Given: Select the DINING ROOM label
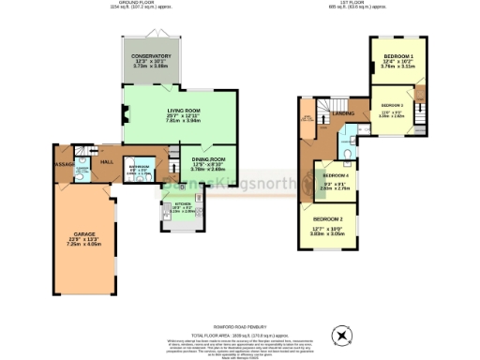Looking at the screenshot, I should tap(208, 159).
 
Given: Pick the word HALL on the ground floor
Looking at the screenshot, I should tap(107, 162).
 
